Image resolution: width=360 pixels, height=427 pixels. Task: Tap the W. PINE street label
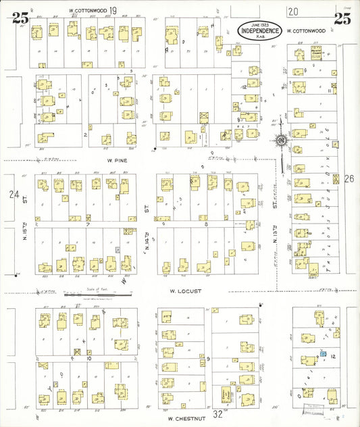tap(118, 161)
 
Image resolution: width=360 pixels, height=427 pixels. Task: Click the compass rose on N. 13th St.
tap(280, 141)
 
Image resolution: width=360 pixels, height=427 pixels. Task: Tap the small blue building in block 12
tap(323, 353)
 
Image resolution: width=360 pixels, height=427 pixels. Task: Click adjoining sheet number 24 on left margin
tap(14, 194)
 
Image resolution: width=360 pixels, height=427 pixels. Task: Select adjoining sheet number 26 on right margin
tap(349, 179)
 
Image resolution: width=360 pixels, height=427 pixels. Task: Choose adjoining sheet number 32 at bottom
tap(217, 413)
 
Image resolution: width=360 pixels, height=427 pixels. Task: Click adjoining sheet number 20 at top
tap(292, 10)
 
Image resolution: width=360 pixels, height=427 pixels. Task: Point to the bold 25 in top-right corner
tap(342, 19)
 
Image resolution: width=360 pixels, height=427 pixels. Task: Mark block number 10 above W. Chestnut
tap(88, 359)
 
